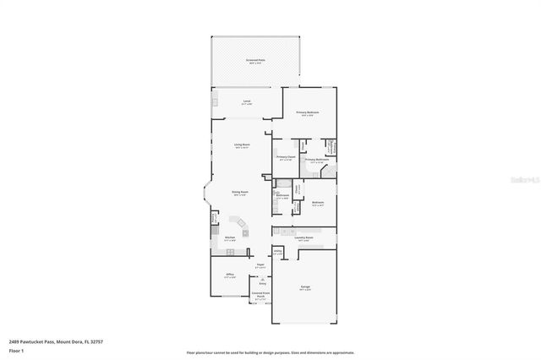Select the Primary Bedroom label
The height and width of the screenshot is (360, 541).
pos(306,112)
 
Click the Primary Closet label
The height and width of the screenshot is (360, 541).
pos(286,157)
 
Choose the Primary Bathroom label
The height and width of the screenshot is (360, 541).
pos(316,160)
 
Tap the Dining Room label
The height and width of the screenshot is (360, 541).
pos(240,193)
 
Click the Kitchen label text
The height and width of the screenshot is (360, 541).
pos(229,238)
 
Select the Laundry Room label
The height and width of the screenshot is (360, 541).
pos(303,238)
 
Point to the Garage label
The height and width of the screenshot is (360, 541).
pos(303,287)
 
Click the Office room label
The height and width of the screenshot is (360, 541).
pos(229,275)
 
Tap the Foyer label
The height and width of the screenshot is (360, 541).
pos(260,266)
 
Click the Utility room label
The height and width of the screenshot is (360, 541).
pos(278,252)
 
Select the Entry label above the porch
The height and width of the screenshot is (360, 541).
pos(262,284)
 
